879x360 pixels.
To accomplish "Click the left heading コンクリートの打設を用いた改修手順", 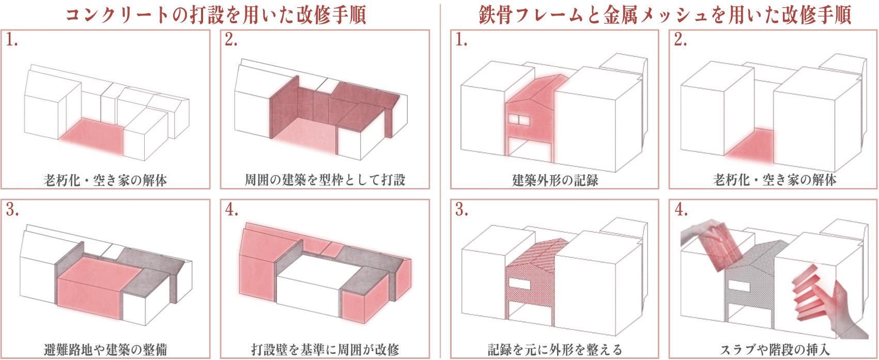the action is point(216,14).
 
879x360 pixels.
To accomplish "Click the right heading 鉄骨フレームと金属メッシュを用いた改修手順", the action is point(665,14).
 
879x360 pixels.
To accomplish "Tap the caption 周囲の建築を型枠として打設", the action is point(325,180).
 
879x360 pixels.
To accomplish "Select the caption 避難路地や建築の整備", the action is point(105,349).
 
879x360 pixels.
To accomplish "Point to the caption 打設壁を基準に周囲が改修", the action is point(325,349).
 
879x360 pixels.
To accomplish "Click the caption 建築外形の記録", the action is point(555,180).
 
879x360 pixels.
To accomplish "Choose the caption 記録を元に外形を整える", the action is point(555,349).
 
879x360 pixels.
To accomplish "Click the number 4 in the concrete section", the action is point(231,210).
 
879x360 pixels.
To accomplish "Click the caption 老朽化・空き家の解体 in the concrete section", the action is point(105,180).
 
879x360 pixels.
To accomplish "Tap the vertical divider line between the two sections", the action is point(440,181).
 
